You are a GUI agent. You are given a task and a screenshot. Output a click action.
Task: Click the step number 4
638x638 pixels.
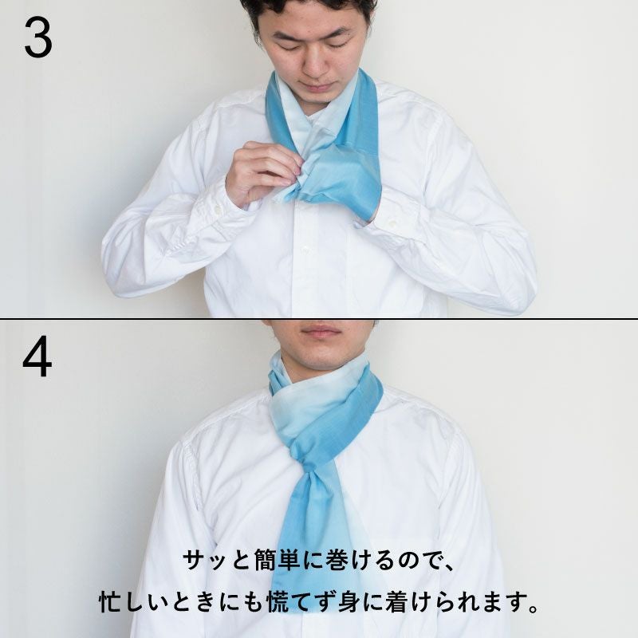[x=37, y=358]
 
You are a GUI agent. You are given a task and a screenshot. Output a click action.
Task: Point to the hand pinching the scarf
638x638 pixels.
[x=261, y=172]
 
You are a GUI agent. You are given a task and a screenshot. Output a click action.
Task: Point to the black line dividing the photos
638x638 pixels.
[x=319, y=318]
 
